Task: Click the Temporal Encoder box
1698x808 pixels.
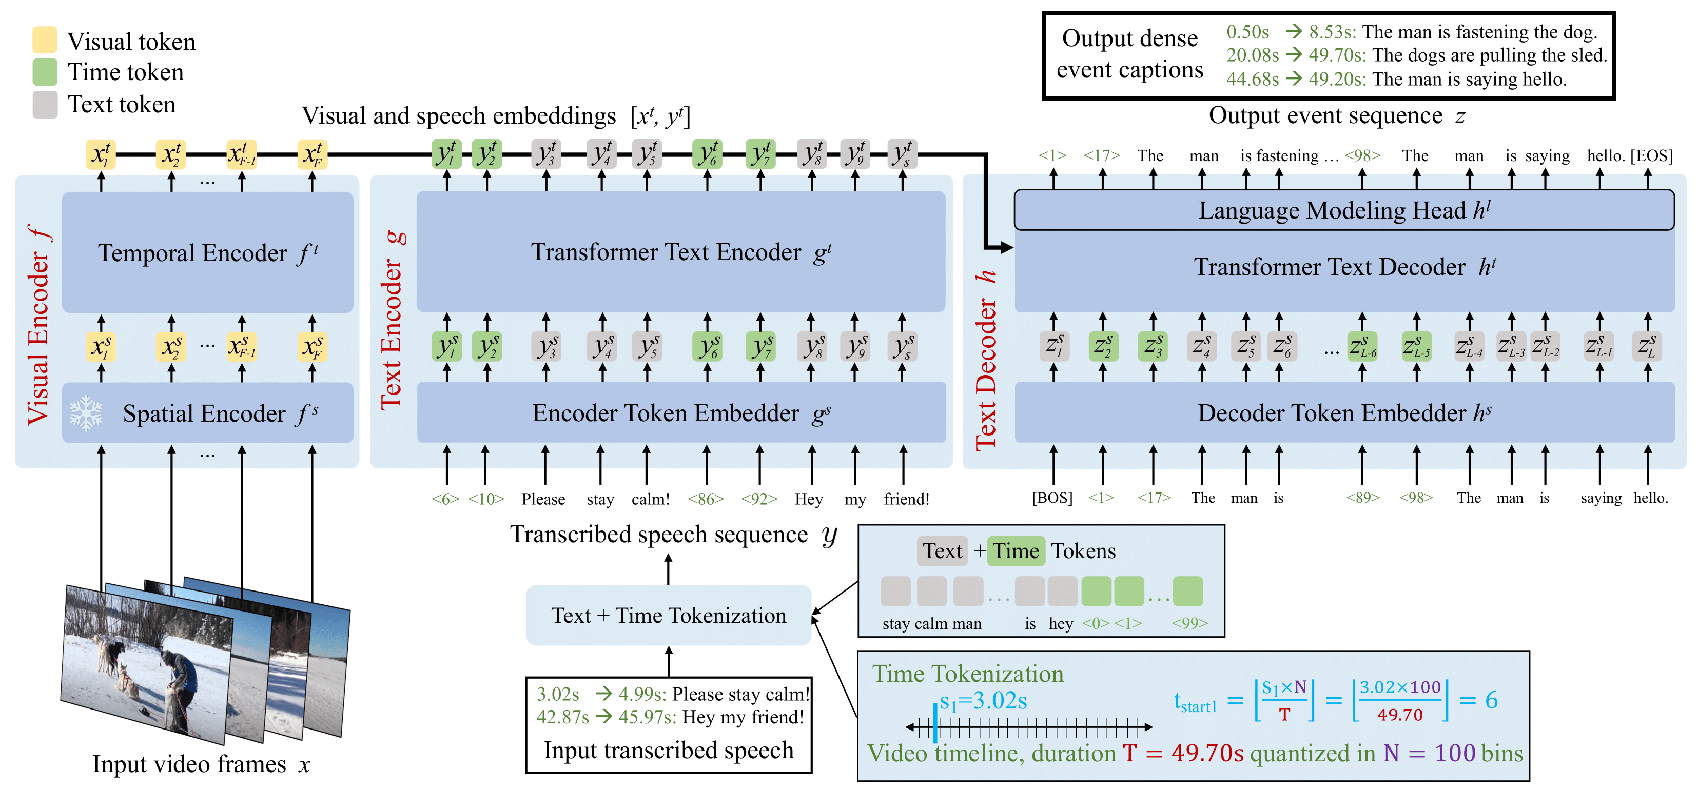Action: click(x=208, y=252)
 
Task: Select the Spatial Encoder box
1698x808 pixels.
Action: click(x=208, y=412)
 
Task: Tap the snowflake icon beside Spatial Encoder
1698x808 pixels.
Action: click(x=86, y=413)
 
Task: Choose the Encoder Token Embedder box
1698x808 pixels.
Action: click(x=681, y=412)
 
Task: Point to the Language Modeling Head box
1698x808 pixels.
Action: click(x=1344, y=210)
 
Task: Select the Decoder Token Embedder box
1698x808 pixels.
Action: click(x=1344, y=412)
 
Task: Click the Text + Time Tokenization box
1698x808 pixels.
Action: click(x=669, y=615)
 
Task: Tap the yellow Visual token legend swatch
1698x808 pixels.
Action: click(x=45, y=40)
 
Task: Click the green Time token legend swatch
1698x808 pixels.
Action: click(x=45, y=72)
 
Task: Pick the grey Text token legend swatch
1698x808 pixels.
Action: click(x=45, y=104)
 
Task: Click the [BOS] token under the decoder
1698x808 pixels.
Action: click(x=1052, y=498)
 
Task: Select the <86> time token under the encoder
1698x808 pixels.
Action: click(x=706, y=499)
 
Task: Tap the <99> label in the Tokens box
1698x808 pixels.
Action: click(x=1190, y=623)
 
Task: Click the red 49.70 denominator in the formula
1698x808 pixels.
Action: click(x=1399, y=715)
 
